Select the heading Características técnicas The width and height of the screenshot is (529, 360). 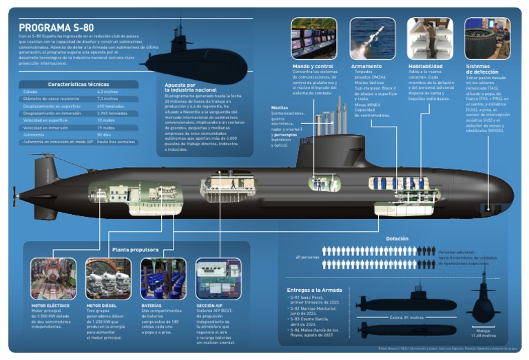(x=79, y=84)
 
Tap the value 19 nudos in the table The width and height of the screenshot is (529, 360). (x=105, y=127)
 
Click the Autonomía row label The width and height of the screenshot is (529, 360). (x=34, y=135)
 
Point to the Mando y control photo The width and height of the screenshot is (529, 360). (x=313, y=39)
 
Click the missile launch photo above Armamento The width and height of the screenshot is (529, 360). (x=372, y=39)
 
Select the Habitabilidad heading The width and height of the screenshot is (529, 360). (x=425, y=66)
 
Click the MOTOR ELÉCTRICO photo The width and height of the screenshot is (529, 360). (x=53, y=278)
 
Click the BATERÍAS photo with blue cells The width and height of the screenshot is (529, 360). (x=163, y=278)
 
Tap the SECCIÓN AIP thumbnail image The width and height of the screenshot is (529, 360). (x=218, y=278)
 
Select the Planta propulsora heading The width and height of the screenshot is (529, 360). (x=135, y=250)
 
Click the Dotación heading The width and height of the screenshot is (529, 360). (x=397, y=239)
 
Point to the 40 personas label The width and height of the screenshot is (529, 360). (x=308, y=257)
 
